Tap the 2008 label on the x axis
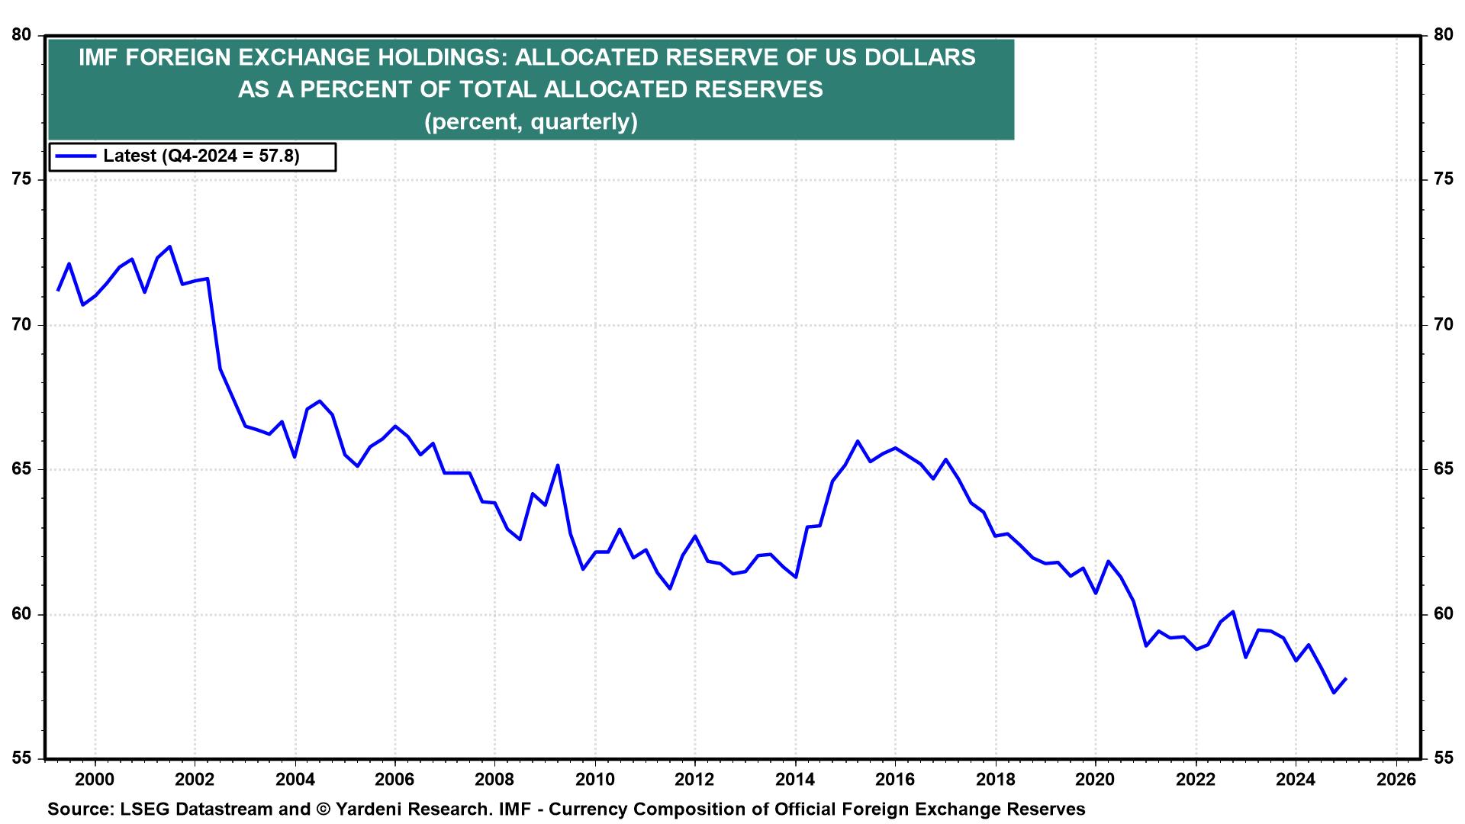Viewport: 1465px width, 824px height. (x=494, y=781)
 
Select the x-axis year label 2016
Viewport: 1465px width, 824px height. (x=894, y=781)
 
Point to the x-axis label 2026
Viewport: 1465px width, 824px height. (x=1395, y=781)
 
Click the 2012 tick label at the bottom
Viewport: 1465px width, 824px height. (x=694, y=781)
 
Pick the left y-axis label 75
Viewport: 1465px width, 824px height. (x=23, y=180)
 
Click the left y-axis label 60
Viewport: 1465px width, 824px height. (x=23, y=615)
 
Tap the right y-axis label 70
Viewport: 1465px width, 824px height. (x=1443, y=325)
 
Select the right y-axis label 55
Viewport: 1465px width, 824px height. (x=1443, y=759)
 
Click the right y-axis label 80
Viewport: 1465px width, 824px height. (x=1443, y=35)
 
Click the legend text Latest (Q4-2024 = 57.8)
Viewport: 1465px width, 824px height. (x=201, y=156)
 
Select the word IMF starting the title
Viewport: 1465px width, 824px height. (x=97, y=58)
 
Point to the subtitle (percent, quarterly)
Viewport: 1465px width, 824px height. (x=530, y=122)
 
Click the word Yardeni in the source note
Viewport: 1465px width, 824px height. (x=369, y=810)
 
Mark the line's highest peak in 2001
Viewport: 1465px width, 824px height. (x=169, y=246)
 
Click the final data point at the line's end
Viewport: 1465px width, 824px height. (x=1345, y=678)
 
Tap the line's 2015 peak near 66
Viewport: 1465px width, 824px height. (x=857, y=441)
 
